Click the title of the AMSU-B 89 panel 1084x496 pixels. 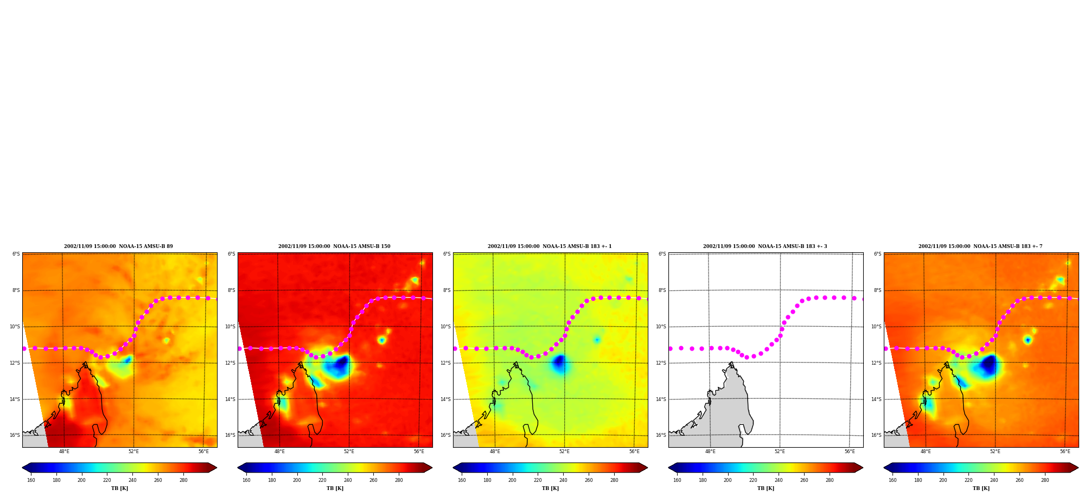coord(118,246)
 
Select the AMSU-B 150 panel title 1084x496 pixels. coord(334,246)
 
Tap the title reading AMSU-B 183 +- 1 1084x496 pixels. coord(550,246)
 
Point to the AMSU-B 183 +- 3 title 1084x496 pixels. coord(765,246)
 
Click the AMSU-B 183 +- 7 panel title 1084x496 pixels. coord(980,246)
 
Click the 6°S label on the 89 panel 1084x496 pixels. coord(16,254)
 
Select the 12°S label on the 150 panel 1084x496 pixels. coord(231,363)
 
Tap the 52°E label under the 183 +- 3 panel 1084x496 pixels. coord(780,452)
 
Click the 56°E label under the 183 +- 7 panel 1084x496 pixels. coord(1065,452)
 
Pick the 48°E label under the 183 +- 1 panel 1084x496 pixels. coord(495,452)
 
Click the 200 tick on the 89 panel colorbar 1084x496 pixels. coord(81,480)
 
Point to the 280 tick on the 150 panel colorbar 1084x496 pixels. coord(399,480)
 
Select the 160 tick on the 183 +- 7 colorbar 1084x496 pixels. coord(892,480)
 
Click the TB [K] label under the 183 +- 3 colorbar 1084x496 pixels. coord(766,488)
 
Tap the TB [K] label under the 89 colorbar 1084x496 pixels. coord(119,488)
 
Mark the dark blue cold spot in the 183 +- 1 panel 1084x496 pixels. coord(559,363)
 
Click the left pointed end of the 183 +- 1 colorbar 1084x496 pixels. coord(454,468)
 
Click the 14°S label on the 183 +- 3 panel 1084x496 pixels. coord(661,399)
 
